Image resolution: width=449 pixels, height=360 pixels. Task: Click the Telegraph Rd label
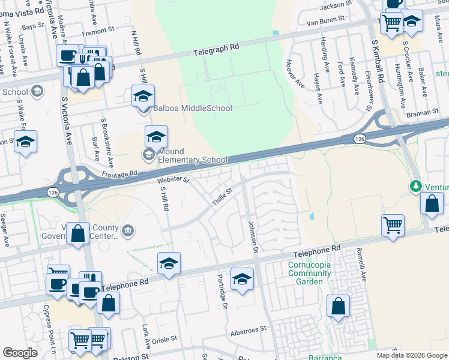[x=216, y=49]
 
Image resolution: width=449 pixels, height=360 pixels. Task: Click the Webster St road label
[x=173, y=179]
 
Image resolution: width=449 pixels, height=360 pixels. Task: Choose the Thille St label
[x=221, y=197]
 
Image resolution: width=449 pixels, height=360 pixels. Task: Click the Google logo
[x=20, y=353]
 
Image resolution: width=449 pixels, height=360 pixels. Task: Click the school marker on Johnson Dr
[x=243, y=279]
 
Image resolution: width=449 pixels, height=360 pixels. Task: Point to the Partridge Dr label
[x=221, y=290]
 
